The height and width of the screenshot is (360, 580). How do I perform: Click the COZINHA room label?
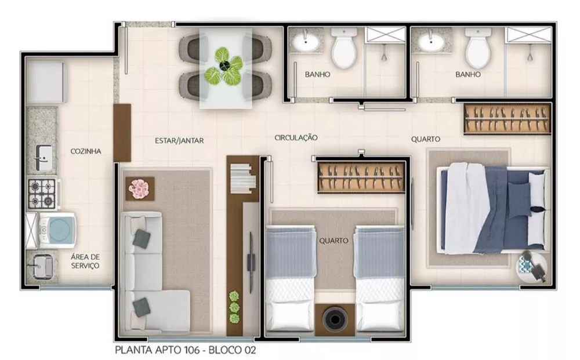[86, 151]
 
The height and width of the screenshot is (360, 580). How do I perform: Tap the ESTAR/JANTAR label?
[179, 140]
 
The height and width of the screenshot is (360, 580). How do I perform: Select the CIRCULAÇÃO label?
[296, 137]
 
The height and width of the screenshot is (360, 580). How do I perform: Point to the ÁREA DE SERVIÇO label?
[85, 261]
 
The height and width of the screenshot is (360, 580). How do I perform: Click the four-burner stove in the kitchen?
[42, 194]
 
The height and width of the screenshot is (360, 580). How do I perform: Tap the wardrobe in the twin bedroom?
[361, 177]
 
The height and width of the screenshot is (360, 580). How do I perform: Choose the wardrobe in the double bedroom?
[506, 118]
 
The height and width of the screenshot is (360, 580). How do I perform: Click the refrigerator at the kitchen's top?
[45, 82]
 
